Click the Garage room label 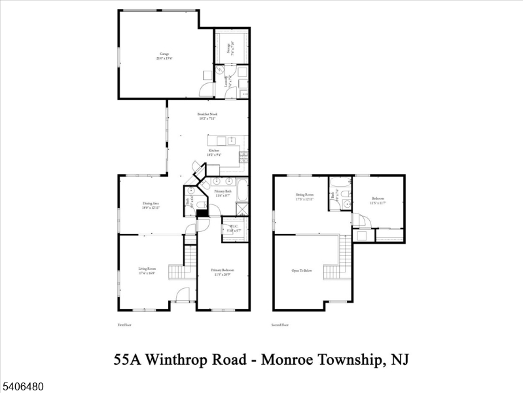(x=159, y=56)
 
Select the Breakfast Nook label (x=207, y=116)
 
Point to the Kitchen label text (x=213, y=152)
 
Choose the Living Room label (x=147, y=271)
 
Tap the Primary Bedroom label (x=222, y=272)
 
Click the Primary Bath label (x=224, y=193)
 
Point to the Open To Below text (x=302, y=271)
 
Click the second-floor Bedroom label (x=378, y=200)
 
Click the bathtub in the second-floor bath (x=340, y=182)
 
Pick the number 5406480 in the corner (x=22, y=387)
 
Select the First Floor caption (x=124, y=325)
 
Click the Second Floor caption (x=281, y=325)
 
